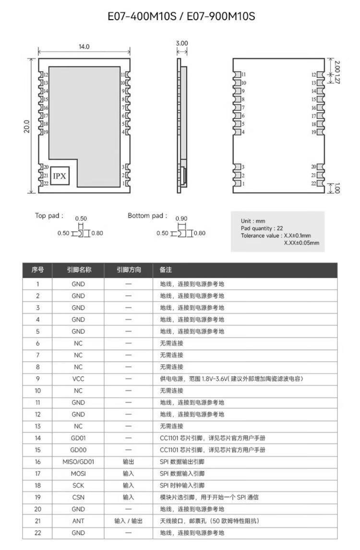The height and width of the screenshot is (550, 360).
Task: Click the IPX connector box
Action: (x=60, y=176)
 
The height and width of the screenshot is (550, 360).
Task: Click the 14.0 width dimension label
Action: (x=84, y=47)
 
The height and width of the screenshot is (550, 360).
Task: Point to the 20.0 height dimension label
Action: (x=27, y=126)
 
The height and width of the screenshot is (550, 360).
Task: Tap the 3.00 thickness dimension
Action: (x=182, y=43)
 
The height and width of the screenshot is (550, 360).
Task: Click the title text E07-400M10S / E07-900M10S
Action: (x=181, y=17)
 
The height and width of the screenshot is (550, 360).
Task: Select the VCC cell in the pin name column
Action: (x=78, y=379)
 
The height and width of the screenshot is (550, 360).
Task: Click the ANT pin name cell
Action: (x=78, y=521)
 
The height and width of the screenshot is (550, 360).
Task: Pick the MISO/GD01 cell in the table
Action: (x=78, y=462)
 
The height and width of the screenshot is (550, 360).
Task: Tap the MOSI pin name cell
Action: (x=78, y=474)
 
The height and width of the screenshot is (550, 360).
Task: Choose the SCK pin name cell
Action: (x=78, y=485)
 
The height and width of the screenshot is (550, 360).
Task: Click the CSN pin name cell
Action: (x=78, y=497)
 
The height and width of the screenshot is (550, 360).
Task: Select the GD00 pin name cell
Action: (x=78, y=450)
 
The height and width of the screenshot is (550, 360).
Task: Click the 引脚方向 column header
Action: (x=128, y=270)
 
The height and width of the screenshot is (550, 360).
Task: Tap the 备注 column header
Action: (x=166, y=270)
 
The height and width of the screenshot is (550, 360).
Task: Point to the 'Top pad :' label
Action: (x=49, y=216)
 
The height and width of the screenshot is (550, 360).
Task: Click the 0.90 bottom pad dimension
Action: (x=181, y=218)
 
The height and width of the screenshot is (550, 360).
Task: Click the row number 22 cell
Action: (x=37, y=533)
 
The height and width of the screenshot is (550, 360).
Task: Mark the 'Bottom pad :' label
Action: (x=147, y=216)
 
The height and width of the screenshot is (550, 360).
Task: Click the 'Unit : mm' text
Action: (x=252, y=221)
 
